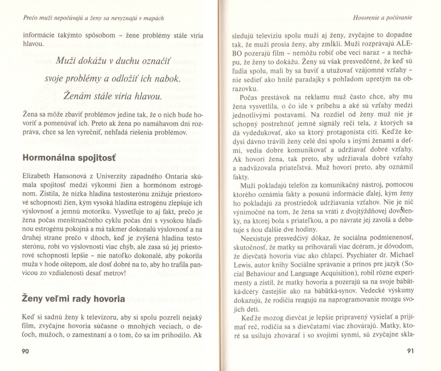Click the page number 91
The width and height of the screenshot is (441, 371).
tap(409, 351)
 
